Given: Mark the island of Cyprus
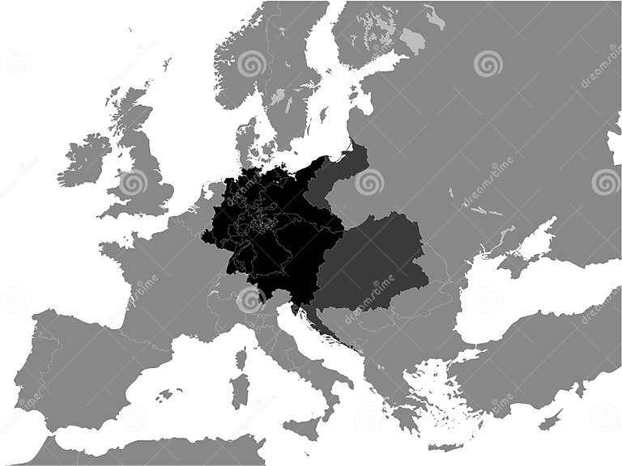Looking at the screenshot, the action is (551, 420).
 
